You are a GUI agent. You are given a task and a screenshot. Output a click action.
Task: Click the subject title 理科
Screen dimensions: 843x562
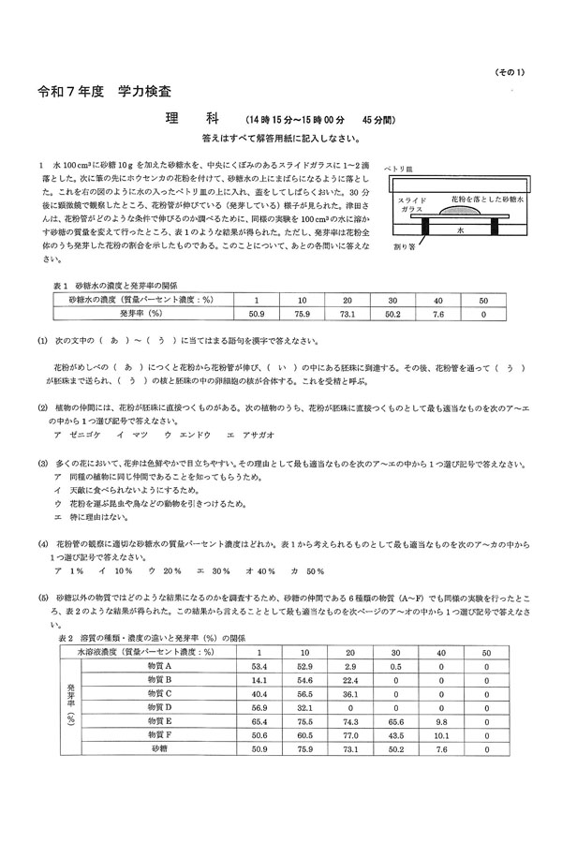[189, 120]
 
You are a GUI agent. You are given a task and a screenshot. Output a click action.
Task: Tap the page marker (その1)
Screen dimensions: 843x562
[510, 72]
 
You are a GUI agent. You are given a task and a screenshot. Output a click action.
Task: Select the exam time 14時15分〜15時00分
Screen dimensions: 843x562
[295, 121]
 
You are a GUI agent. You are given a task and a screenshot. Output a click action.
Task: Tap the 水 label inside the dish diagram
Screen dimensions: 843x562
[459, 227]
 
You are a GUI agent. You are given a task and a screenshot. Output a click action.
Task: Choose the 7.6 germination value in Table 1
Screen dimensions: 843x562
[438, 314]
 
